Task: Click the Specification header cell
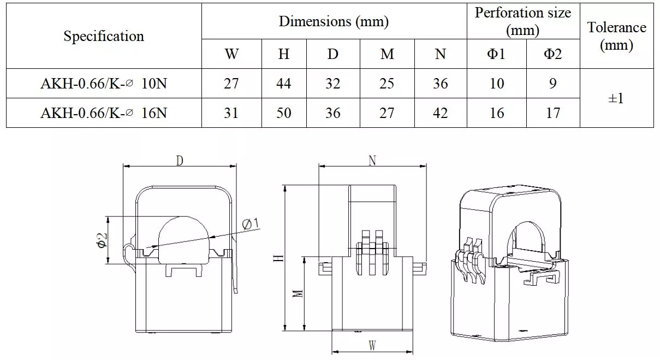(x=104, y=36)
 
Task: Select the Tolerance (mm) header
(x=616, y=36)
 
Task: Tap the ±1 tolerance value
(x=616, y=98)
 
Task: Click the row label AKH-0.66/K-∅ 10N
(x=104, y=84)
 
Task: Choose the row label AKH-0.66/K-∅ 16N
(x=104, y=113)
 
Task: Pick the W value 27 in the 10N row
(x=231, y=84)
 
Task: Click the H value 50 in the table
(x=284, y=113)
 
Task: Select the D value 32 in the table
(x=332, y=84)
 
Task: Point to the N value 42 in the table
(x=440, y=113)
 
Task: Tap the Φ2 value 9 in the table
(x=552, y=84)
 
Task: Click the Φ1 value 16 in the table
(x=496, y=113)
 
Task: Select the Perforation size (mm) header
(x=523, y=21)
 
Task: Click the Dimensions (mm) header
(x=334, y=21)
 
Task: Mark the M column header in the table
(x=387, y=54)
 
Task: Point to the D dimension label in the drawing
(x=179, y=160)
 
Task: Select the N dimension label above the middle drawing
(x=372, y=160)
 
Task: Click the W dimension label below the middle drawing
(x=372, y=346)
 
